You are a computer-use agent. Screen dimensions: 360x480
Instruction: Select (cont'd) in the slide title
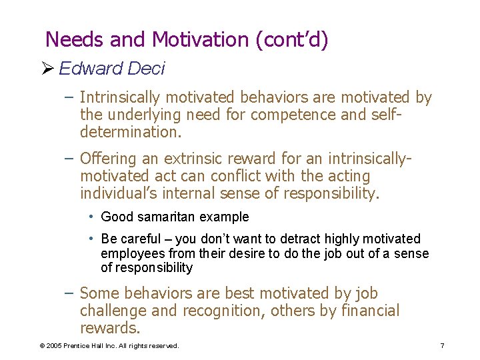[x=291, y=40]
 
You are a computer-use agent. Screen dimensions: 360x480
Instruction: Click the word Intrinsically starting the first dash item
[x=127, y=98]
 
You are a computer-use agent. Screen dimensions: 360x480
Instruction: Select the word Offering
[x=107, y=159]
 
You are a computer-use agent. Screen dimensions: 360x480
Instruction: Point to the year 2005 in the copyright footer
[x=53, y=345]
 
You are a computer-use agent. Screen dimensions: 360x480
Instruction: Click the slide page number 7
[x=442, y=345]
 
